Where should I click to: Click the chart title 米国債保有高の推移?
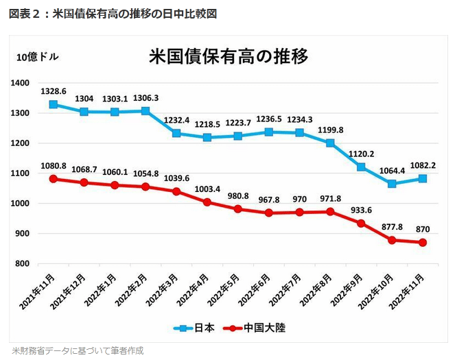click(228, 56)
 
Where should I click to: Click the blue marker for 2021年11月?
click(53, 104)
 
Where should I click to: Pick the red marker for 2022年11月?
click(423, 243)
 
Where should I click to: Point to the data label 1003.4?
click(207, 189)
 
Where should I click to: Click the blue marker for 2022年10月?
click(392, 184)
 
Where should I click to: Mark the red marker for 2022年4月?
click(207, 202)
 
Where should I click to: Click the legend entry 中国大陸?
click(257, 328)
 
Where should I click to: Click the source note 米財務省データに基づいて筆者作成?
click(78, 350)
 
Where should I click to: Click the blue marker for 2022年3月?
click(176, 133)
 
